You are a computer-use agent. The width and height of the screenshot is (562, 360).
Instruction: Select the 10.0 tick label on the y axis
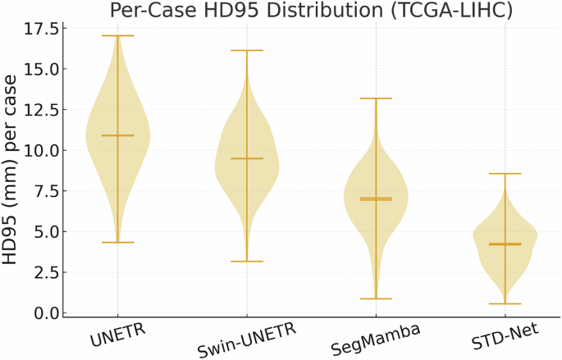(x=41, y=151)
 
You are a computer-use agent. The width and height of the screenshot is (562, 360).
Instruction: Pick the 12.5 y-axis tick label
(x=41, y=110)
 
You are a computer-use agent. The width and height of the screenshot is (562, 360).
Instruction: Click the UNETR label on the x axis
(x=114, y=337)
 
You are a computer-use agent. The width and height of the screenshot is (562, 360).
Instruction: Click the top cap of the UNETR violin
(x=117, y=36)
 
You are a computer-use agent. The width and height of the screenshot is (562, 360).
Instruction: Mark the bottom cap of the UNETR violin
(x=117, y=242)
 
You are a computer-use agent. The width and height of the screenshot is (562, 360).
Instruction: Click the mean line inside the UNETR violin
(x=117, y=135)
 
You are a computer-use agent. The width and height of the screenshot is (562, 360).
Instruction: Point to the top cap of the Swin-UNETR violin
(x=247, y=51)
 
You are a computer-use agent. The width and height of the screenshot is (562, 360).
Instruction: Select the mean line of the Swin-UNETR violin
(x=247, y=158)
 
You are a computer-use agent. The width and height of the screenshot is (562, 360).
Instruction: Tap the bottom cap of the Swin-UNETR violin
(x=247, y=262)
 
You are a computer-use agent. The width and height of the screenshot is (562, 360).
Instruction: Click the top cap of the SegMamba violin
(x=376, y=98)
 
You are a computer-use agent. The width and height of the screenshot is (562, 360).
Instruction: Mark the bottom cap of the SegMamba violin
(x=376, y=298)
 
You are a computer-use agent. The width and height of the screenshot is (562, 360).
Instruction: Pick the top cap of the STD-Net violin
(x=505, y=174)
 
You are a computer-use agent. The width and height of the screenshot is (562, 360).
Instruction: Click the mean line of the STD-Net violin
(x=505, y=244)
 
